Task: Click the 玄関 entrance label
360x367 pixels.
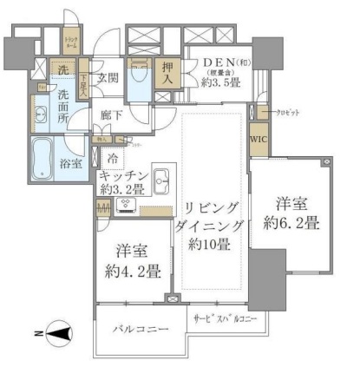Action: tap(108, 75)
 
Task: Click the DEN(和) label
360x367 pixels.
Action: tap(217, 65)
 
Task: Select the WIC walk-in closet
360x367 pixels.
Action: tap(258, 140)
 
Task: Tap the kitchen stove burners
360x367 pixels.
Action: tap(125, 206)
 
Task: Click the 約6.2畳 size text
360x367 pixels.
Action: tap(297, 223)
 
